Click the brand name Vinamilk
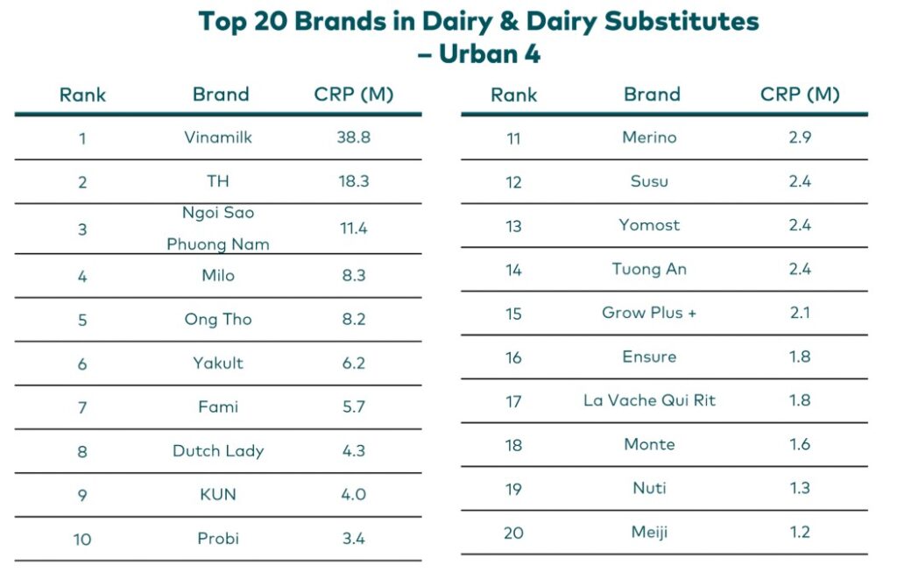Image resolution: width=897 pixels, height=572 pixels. tap(218, 138)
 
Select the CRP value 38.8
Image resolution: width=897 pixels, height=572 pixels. tap(353, 138)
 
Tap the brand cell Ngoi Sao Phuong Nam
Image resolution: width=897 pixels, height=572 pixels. tap(218, 229)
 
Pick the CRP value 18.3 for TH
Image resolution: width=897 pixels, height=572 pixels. tap(353, 181)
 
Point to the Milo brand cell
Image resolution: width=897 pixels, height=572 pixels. tap(218, 275)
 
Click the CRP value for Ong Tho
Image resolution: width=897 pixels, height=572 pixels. tap(353, 320)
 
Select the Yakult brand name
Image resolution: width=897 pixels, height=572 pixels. tap(218, 363)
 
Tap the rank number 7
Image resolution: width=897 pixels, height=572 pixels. tap(82, 407)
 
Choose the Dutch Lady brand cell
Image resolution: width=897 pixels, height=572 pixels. tap(218, 451)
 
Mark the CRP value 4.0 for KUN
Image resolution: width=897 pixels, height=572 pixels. tap(353, 495)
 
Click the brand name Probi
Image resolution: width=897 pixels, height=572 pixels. tap(218, 539)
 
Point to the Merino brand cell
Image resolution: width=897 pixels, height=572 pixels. tap(649, 138)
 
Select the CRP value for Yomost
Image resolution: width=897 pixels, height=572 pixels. tap(799, 225)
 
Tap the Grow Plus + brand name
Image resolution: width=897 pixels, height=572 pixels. tap(649, 313)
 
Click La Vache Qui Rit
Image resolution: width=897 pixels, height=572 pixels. tap(649, 400)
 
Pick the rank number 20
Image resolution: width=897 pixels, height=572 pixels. tap(513, 533)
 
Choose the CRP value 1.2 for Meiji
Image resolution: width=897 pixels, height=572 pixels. tap(799, 532)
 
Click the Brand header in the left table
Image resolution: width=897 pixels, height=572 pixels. tap(221, 95)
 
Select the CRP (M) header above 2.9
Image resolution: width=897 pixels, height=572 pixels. tap(799, 95)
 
